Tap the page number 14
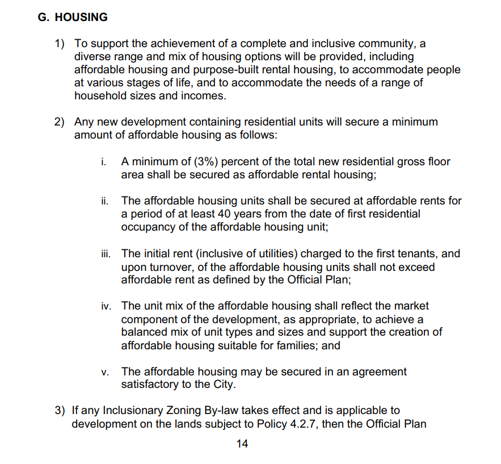242,444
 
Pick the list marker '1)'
60,44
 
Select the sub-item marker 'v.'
105,372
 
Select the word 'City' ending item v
221,384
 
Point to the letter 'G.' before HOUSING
44,17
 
